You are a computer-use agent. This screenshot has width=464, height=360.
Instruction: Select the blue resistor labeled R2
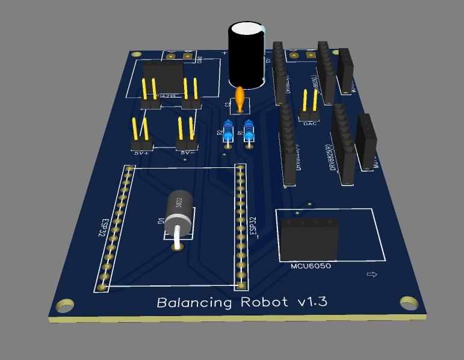point(227,133)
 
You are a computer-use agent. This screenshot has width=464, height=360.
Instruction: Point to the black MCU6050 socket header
point(309,238)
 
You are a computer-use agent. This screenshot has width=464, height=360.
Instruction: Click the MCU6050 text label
point(311,265)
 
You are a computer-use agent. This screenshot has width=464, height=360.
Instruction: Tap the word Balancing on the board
point(194,302)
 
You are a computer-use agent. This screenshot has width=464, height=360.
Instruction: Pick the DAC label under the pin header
point(310,123)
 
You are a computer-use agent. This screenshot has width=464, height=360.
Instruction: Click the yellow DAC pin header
point(309,105)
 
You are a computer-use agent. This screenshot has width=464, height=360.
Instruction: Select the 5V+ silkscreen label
point(141,152)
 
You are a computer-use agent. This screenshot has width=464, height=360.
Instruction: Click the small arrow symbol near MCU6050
point(371,275)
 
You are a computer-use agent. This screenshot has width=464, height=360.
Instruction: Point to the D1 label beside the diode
point(161,220)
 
